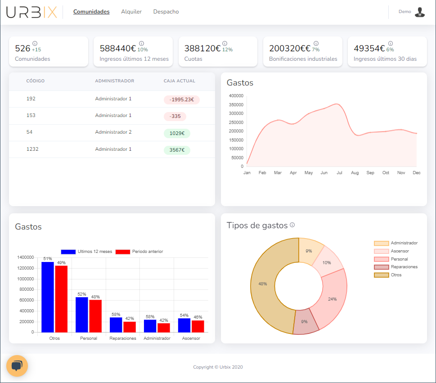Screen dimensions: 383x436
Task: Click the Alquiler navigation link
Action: [131, 12]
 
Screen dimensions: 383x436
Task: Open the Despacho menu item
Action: [166, 12]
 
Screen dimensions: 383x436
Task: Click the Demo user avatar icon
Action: [419, 12]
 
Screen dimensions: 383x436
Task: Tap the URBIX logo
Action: [31, 12]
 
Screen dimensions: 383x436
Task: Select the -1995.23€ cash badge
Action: [182, 99]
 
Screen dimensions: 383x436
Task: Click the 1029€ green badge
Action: [177, 133]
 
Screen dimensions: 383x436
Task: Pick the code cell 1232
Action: [32, 149]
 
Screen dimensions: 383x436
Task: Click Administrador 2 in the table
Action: [113, 132]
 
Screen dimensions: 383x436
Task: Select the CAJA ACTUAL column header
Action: [180, 81]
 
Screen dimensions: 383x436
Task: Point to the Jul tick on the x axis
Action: [340, 173]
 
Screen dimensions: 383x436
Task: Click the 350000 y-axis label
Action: [236, 104]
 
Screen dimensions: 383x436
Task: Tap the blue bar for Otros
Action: [48, 297]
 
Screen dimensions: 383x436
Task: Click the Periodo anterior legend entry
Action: [139, 252]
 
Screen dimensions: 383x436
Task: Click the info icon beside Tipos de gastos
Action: [292, 225]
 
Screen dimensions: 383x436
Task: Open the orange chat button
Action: [17, 365]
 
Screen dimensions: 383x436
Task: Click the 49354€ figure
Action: [369, 49]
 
